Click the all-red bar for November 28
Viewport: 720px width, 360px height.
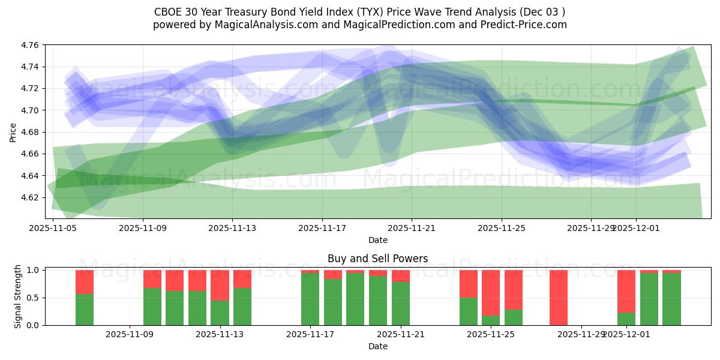pyautogui.click(x=559, y=298)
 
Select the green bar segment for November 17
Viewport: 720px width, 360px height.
pyautogui.click(x=310, y=299)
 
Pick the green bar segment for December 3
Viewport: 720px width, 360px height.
pyautogui.click(x=671, y=299)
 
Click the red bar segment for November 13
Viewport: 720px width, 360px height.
pyautogui.click(x=220, y=285)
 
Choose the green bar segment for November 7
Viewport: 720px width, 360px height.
pyautogui.click(x=85, y=310)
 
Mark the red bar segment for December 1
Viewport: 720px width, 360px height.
pyautogui.click(x=626, y=291)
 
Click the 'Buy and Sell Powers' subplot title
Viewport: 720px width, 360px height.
pyautogui.click(x=377, y=259)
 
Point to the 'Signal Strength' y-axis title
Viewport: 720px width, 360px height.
pyautogui.click(x=18, y=296)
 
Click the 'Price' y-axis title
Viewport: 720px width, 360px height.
pyautogui.click(x=13, y=132)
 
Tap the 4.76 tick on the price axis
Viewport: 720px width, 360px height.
pyautogui.click(x=30, y=46)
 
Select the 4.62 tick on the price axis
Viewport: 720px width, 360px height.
pyautogui.click(x=30, y=197)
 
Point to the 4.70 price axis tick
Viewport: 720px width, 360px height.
pyautogui.click(x=30, y=110)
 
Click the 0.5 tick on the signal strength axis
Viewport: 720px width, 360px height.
pyautogui.click(x=34, y=298)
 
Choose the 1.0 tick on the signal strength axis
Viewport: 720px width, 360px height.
pyautogui.click(x=34, y=270)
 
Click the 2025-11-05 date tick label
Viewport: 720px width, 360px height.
pyautogui.click(x=53, y=228)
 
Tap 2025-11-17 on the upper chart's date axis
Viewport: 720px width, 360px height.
pyautogui.click(x=322, y=228)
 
